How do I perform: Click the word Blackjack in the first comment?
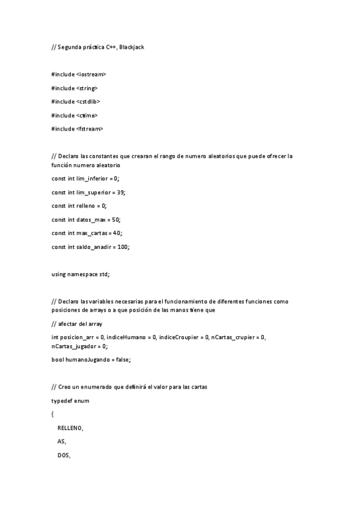[x=132, y=47]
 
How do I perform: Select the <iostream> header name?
[x=91, y=74]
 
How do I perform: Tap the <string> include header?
[x=87, y=88]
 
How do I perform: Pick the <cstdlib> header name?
[x=88, y=102]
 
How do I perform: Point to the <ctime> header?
[x=87, y=115]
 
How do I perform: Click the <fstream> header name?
[x=90, y=129]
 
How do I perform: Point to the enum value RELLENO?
[x=70, y=428]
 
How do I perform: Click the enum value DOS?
[x=63, y=455]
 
